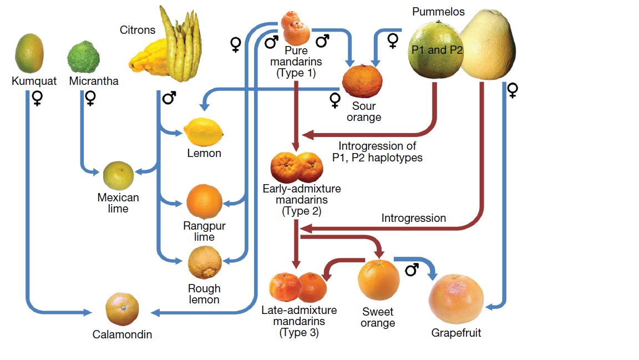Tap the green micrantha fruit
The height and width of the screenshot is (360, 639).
coord(83,57)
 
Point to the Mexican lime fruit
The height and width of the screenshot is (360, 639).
coord(118,176)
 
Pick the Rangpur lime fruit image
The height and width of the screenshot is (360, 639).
coord(204,202)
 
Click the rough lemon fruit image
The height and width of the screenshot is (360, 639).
coord(204,263)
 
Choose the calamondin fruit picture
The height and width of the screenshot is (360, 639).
coord(123,309)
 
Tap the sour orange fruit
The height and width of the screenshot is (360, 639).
coord(362,81)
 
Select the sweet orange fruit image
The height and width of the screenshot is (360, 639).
coord(379,280)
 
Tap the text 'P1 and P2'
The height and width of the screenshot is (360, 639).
coord(437,50)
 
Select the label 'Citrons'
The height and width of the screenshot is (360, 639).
coord(138,29)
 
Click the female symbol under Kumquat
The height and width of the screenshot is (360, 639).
coord(38,98)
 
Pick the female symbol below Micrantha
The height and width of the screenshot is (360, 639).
coord(90,98)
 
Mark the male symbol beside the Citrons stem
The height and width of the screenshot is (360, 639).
coord(170,98)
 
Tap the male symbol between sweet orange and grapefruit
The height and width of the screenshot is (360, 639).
coord(412,270)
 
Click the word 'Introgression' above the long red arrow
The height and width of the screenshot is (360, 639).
coord(413,218)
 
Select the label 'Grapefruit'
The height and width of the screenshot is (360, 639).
coord(456,333)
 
